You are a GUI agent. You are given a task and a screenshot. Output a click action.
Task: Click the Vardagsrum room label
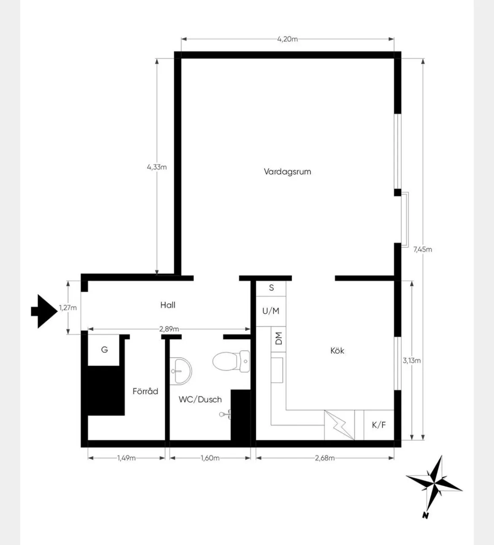288,172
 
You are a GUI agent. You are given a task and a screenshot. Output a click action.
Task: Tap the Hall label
168,305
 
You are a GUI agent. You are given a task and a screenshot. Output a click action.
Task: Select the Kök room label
337,350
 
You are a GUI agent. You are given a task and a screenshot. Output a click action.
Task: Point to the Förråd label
145,391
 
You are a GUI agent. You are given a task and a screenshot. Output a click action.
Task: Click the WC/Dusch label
200,399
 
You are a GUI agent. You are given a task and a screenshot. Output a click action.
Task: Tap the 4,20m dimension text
288,39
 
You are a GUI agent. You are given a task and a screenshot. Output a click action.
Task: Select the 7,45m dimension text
423,249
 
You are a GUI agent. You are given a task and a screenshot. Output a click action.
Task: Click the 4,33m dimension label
157,167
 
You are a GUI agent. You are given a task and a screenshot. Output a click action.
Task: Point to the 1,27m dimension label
68,308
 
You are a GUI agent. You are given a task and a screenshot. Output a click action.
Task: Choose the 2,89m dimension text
169,329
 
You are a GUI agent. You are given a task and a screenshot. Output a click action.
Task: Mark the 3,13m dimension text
412,361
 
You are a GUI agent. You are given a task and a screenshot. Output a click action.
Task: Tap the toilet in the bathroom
231,361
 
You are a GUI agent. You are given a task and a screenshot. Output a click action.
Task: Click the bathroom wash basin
181,371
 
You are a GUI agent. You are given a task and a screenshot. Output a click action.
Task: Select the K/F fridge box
379,425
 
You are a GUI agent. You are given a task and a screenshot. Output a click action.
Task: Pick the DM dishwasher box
279,339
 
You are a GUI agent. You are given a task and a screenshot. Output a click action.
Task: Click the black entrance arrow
44,312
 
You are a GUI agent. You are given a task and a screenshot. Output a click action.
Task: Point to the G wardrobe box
104,350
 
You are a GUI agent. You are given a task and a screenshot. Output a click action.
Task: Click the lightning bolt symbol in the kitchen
339,425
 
